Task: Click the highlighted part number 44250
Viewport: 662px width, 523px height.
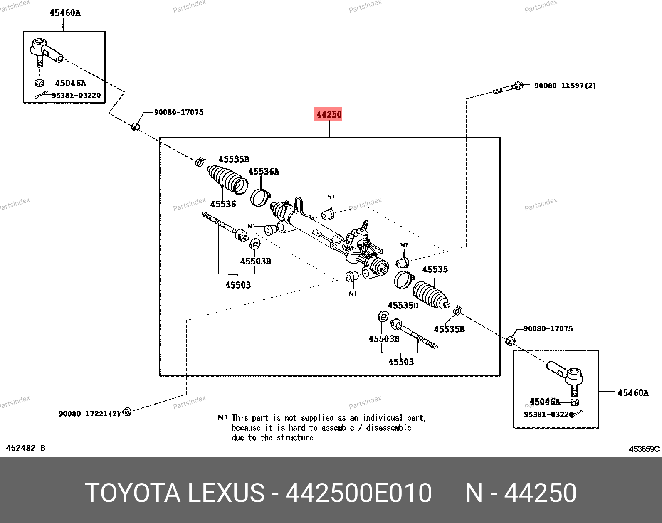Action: tap(329, 114)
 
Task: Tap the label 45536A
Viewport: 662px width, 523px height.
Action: tap(264, 172)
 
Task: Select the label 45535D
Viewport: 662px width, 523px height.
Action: tap(403, 306)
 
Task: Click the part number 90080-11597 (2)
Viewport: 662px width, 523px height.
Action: tap(565, 86)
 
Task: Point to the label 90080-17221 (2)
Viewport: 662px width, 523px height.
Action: tap(89, 414)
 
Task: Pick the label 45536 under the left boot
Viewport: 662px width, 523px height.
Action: tap(223, 204)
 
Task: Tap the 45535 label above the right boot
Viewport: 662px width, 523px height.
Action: tap(435, 269)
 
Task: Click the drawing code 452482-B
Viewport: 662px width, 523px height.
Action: tap(25, 448)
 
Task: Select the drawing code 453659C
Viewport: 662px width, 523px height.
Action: tap(644, 449)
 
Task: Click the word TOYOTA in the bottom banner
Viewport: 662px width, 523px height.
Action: tap(133, 493)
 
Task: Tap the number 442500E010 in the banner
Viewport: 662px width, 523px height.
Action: tap(358, 493)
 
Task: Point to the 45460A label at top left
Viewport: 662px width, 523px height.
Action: tap(65, 13)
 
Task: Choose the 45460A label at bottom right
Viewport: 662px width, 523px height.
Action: tap(633, 393)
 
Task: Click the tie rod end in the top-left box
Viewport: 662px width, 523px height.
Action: tap(46, 51)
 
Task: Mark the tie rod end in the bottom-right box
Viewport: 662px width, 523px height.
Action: tap(566, 374)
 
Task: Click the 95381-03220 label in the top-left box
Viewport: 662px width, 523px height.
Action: tap(76, 95)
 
